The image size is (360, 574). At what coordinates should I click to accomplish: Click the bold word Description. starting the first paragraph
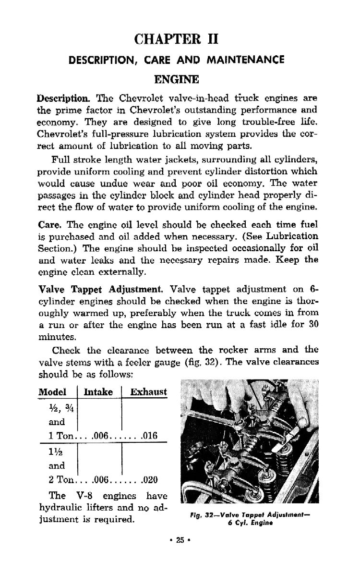64,98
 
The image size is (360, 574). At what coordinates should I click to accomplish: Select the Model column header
52,392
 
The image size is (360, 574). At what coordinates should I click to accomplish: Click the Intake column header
98,392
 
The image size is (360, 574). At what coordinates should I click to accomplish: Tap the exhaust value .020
149,480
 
